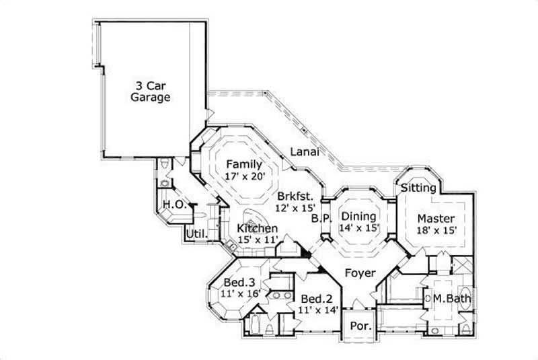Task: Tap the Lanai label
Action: click(304, 152)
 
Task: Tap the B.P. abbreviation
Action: click(320, 219)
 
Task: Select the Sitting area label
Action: click(418, 188)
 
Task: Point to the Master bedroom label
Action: click(436, 219)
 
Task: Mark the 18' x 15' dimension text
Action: click(436, 230)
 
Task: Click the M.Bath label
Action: click(449, 298)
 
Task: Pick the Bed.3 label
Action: click(239, 282)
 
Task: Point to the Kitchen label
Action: click(258, 229)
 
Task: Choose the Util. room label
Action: click(196, 233)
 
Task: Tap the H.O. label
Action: click(174, 205)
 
